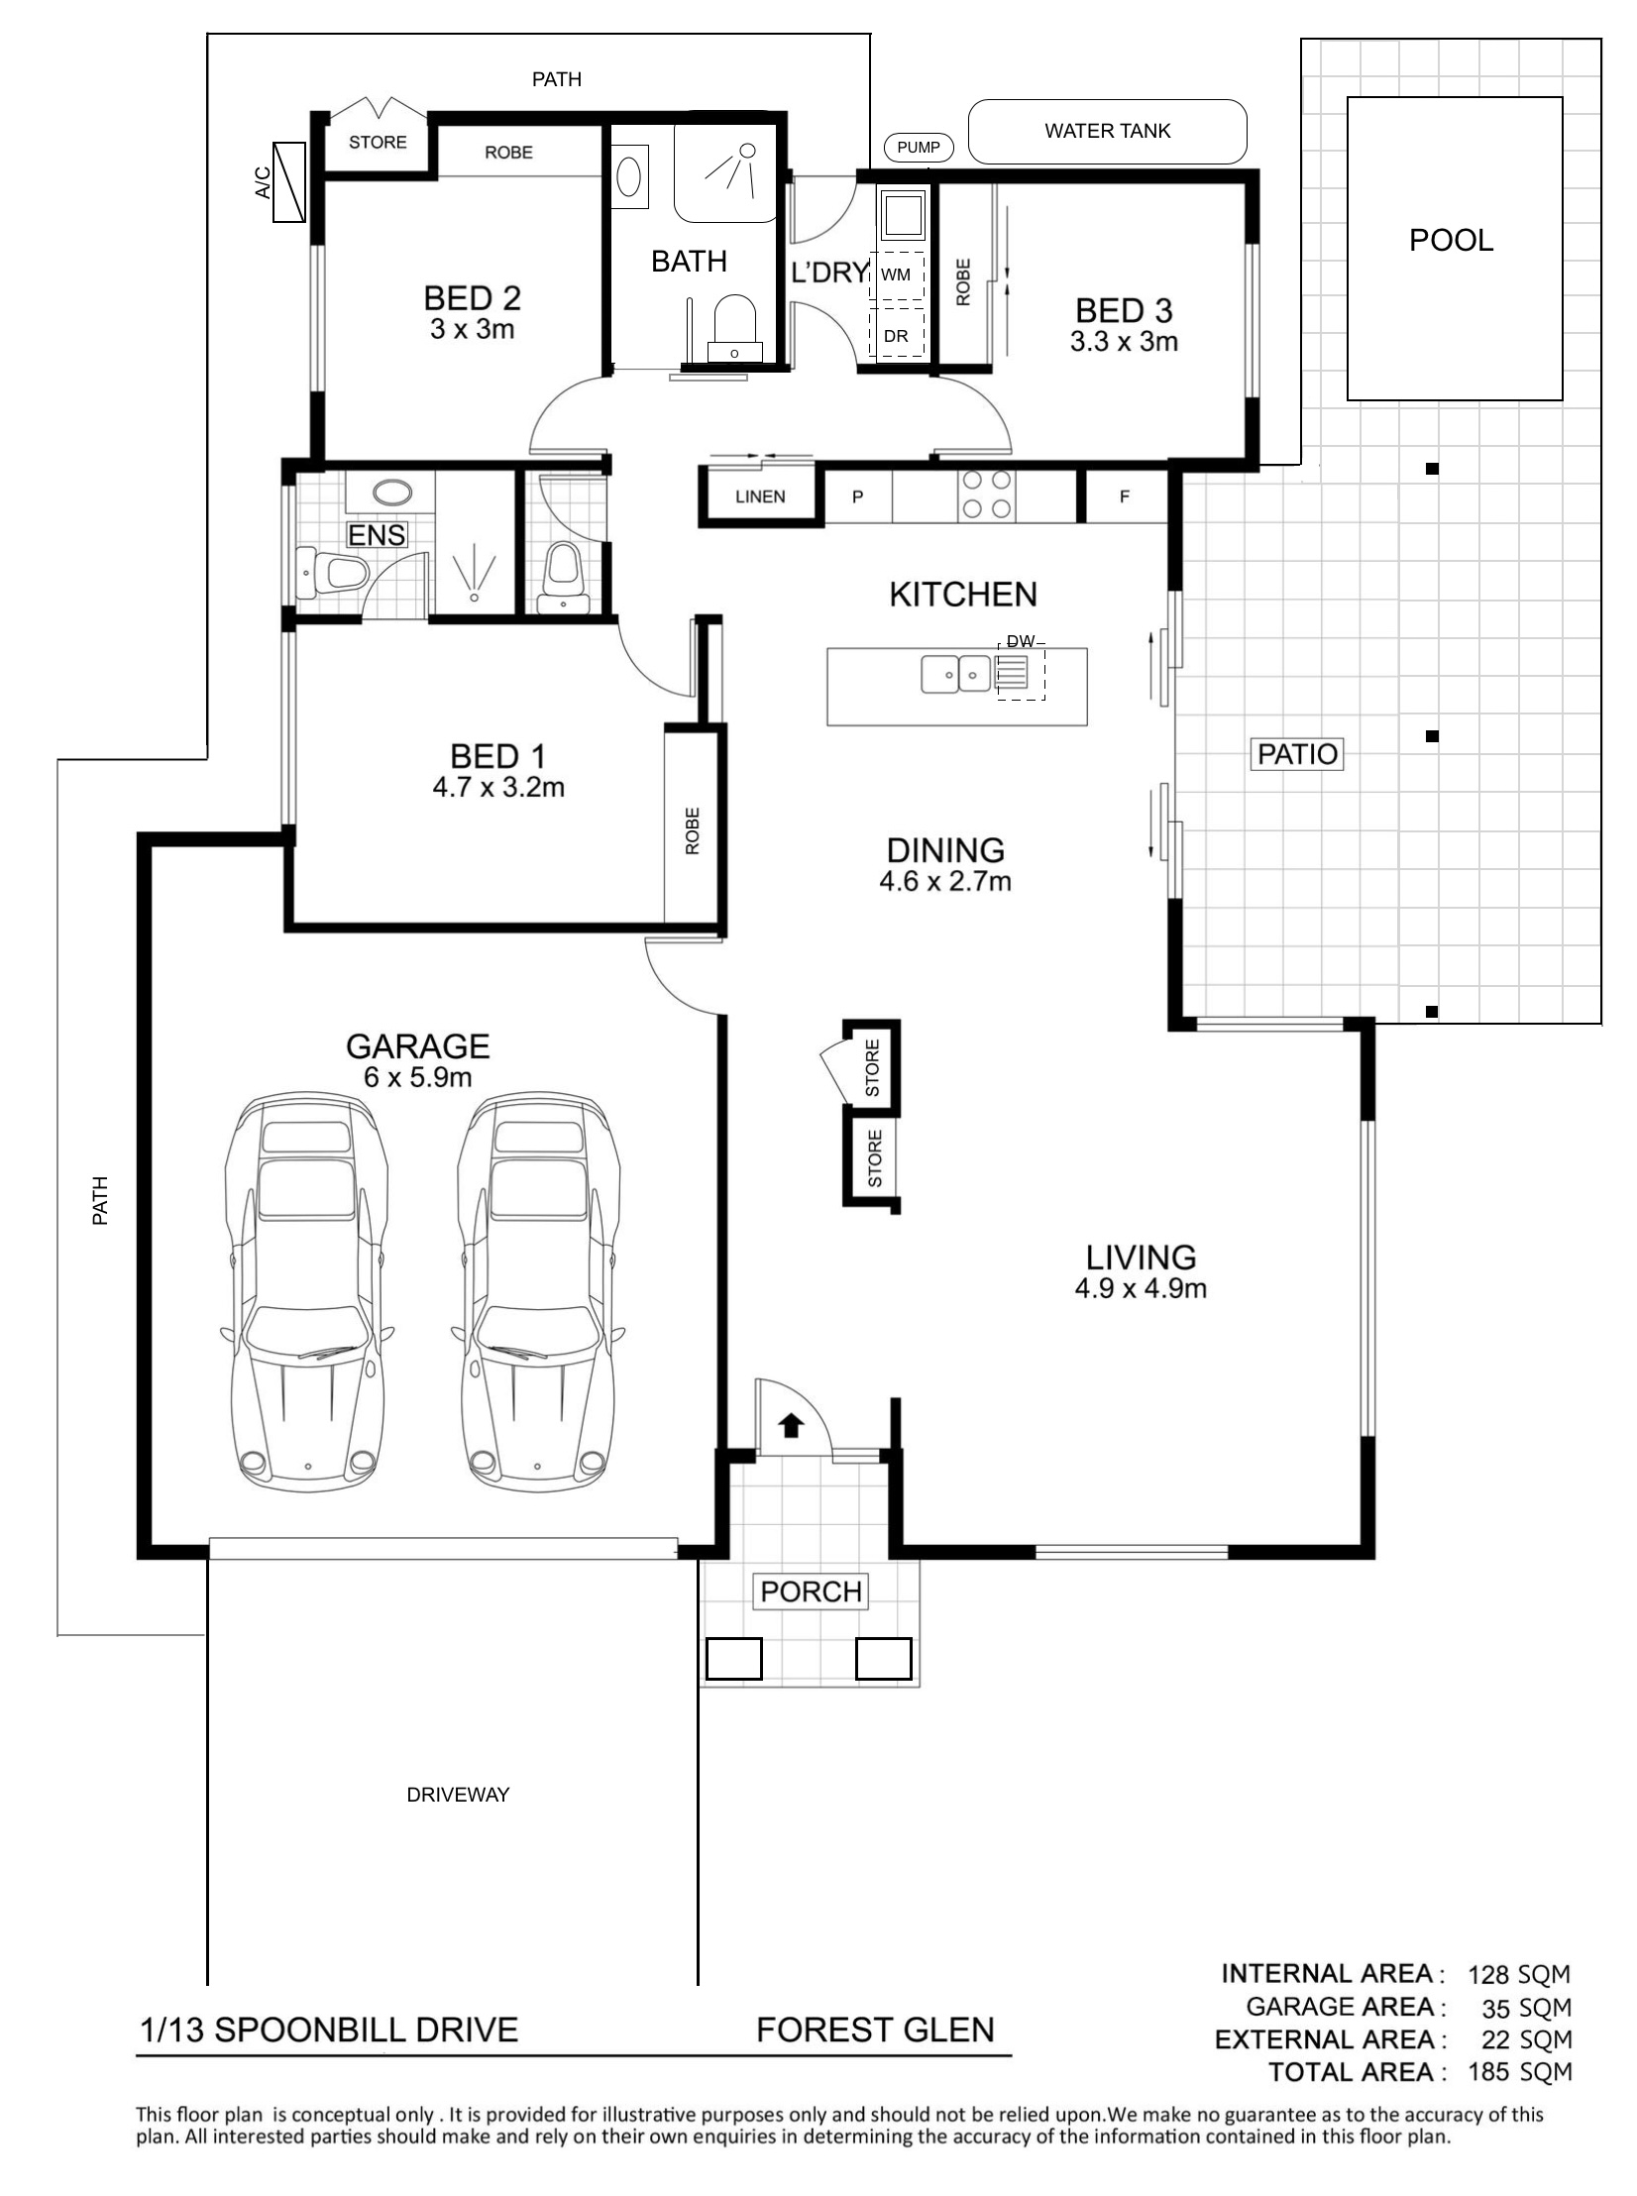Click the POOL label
1451,241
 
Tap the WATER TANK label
1107,131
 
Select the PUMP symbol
919,148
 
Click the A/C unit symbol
289,182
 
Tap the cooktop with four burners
987,494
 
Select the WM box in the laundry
897,275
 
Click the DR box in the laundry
897,335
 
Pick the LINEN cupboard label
760,496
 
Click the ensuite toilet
332,573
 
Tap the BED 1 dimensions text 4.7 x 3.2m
498,788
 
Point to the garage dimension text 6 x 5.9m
417,1077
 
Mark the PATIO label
1298,754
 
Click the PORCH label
811,1592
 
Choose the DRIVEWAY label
458,1795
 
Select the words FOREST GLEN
875,2031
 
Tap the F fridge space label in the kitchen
1125,496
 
